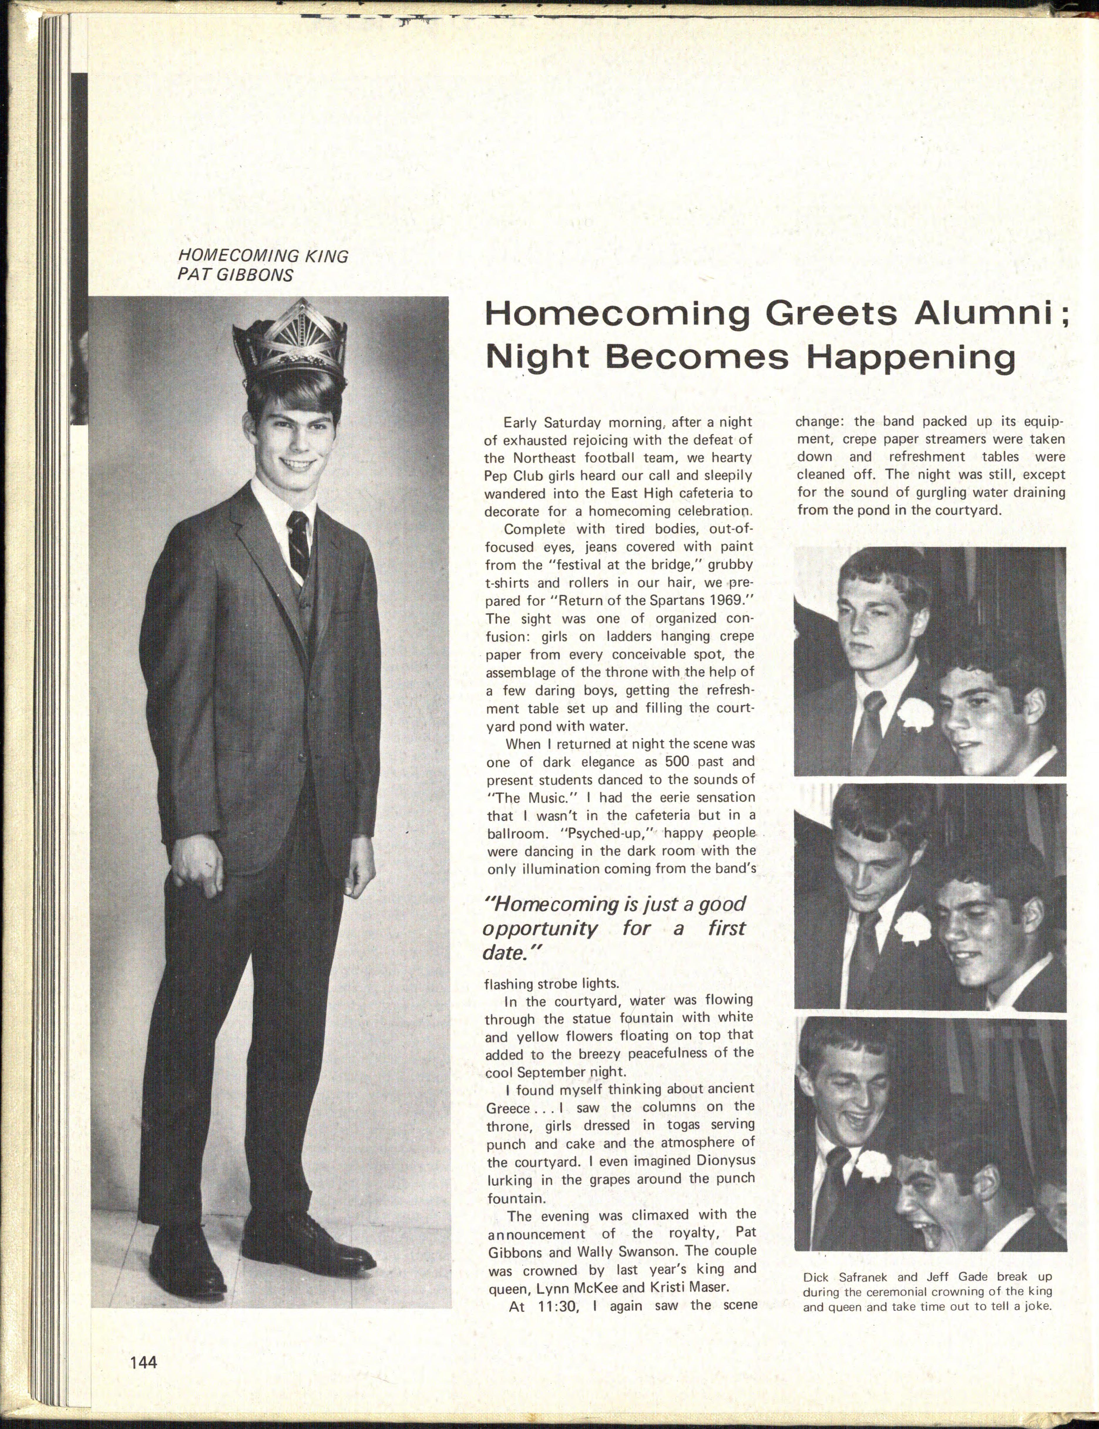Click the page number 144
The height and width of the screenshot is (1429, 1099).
click(143, 1362)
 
